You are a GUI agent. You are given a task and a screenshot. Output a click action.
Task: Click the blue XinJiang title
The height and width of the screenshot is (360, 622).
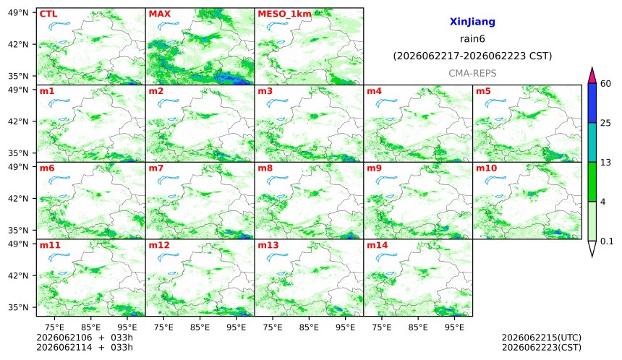(x=472, y=22)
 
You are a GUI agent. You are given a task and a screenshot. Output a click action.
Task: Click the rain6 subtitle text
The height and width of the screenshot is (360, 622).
(x=472, y=39)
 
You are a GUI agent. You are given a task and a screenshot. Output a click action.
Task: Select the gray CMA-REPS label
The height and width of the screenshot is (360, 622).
(x=472, y=73)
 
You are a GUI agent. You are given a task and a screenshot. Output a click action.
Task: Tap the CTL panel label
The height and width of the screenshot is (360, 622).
(x=48, y=14)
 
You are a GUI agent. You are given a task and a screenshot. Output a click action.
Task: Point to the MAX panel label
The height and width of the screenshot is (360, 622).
(x=159, y=14)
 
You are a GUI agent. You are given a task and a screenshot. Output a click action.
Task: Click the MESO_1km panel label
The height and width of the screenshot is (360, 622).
(x=284, y=14)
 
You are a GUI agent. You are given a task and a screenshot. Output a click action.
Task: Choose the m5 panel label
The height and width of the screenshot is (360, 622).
(x=483, y=91)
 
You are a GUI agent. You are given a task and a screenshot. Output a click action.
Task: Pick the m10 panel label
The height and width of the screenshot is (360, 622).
(x=486, y=168)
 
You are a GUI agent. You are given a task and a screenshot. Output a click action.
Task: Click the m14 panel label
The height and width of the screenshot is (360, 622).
(x=377, y=245)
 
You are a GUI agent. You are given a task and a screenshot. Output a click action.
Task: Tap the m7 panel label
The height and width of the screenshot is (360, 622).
(x=156, y=168)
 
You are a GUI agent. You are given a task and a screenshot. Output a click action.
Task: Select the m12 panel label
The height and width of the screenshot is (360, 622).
(x=159, y=245)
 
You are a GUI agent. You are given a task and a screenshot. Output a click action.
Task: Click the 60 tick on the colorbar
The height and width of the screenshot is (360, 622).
(x=605, y=84)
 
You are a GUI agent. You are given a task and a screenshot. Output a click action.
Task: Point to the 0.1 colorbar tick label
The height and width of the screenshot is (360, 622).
(x=607, y=241)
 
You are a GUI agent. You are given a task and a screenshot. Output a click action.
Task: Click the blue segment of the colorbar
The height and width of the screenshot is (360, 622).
(x=592, y=103)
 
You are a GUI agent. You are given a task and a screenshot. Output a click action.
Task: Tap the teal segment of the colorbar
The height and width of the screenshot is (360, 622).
(x=592, y=142)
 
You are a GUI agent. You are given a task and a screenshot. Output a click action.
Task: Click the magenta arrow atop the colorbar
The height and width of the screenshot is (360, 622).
(x=592, y=77)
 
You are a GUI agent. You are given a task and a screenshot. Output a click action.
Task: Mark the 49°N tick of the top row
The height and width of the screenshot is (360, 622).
(x=18, y=13)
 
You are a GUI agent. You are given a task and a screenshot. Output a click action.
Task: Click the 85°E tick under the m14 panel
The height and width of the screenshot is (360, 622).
(x=418, y=327)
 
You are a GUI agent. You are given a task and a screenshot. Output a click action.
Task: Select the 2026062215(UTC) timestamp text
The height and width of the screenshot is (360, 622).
(x=542, y=338)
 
